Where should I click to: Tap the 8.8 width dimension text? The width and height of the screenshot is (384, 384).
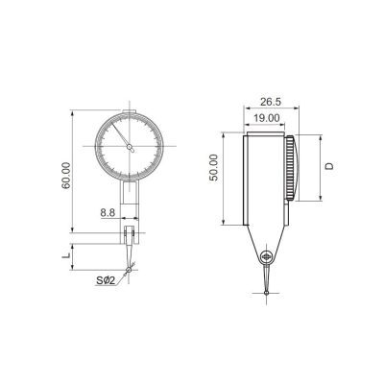pyautogui.click(x=108, y=212)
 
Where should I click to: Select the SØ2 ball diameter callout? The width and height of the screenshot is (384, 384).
pyautogui.click(x=106, y=281)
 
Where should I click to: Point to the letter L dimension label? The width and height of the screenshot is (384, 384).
pyautogui.click(x=66, y=255)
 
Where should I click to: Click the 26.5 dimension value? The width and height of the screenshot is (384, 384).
pyautogui.click(x=270, y=102)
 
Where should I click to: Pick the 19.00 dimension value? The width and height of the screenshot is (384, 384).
pyautogui.click(x=267, y=118)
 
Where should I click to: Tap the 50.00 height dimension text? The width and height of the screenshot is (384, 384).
pyautogui.click(x=213, y=167)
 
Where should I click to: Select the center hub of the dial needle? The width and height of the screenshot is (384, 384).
pyautogui.click(x=130, y=147)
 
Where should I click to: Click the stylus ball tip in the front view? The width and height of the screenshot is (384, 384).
pyautogui.click(x=129, y=270)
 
